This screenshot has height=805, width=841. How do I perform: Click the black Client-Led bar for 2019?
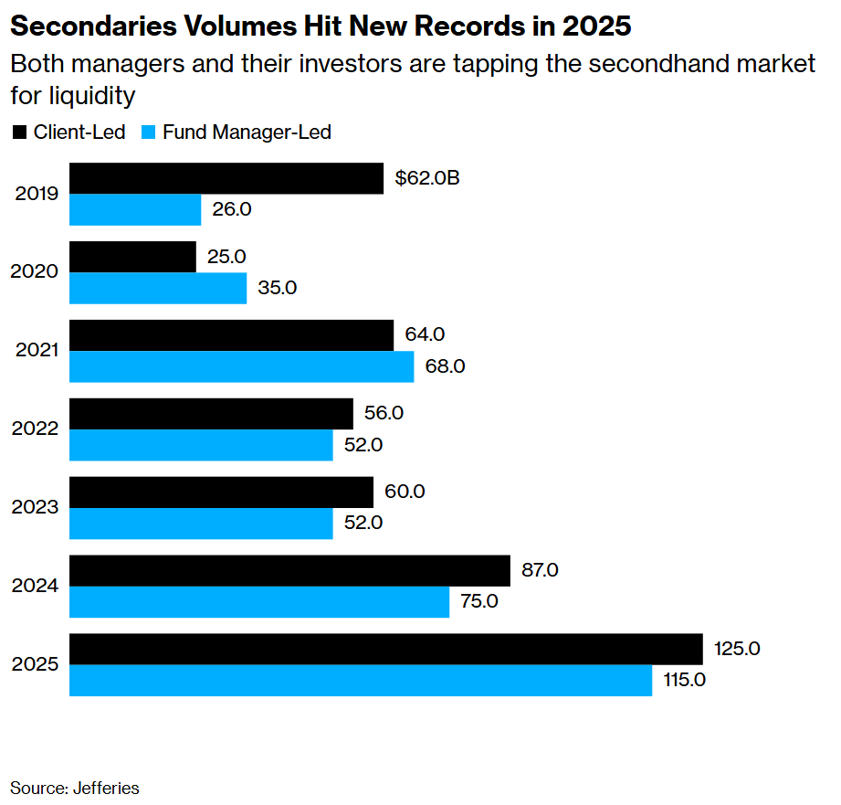[226, 178]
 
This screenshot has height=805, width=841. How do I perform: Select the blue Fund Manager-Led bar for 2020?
[158, 288]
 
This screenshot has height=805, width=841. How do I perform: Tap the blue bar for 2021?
[242, 366]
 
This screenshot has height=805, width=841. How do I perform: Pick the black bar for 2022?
[211, 413]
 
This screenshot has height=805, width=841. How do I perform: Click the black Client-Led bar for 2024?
[289, 570]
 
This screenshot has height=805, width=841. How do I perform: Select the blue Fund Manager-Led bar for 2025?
[361, 680]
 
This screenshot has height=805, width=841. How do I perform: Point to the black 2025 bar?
[385, 649]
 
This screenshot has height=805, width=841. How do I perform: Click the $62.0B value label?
[426, 178]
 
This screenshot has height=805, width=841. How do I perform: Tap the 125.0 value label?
[736, 649]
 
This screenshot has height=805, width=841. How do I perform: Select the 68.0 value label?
[446, 366]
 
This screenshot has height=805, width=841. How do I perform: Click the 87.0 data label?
[539, 570]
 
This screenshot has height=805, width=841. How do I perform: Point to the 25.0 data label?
[227, 257]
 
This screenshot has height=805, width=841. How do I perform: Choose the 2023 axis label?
[36, 507]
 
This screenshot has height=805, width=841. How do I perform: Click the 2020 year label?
[36, 272]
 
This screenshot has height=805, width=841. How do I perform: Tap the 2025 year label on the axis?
[36, 664]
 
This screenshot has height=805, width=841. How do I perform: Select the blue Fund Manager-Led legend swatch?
[150, 132]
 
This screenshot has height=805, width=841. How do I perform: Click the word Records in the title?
[478, 26]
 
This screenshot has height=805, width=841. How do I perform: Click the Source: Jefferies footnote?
[75, 787]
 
